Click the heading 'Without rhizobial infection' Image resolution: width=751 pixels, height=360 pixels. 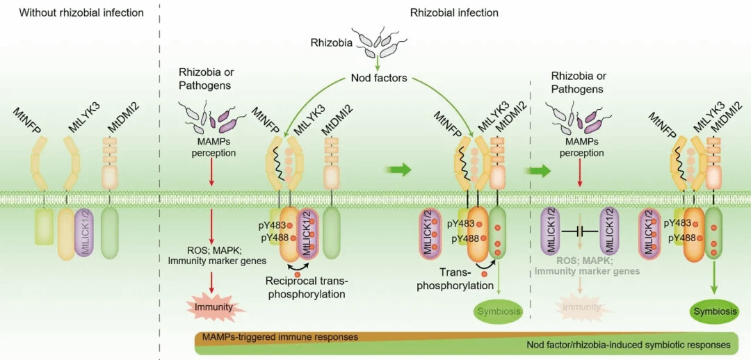click(x=81, y=13)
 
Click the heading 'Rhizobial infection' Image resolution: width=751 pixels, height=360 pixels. click(x=454, y=13)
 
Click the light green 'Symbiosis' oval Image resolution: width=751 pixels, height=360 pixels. click(x=498, y=311)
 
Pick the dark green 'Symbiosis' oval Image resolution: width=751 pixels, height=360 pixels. click(x=714, y=311)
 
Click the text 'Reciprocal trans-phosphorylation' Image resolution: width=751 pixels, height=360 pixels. click(x=306, y=287)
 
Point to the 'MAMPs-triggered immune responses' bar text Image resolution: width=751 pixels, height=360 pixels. click(x=280, y=337)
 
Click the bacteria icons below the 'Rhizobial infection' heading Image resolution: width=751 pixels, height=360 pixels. click(x=375, y=40)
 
